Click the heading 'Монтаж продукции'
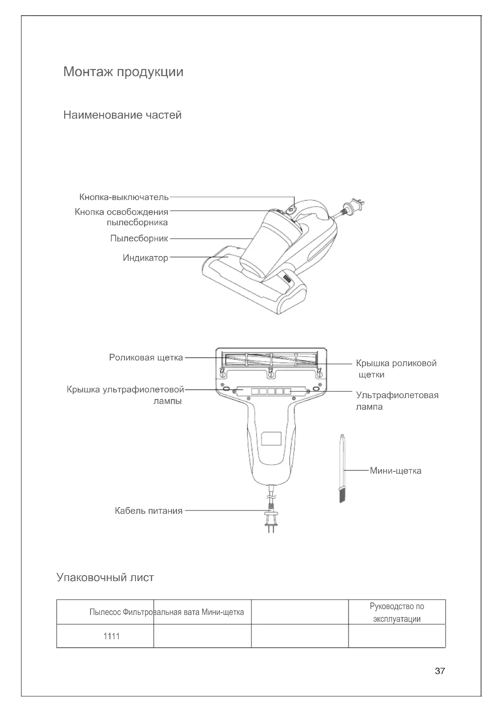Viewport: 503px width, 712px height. (x=123, y=72)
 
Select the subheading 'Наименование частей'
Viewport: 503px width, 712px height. (x=122, y=115)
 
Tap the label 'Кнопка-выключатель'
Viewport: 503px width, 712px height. (x=124, y=197)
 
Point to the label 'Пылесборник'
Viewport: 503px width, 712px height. (x=139, y=238)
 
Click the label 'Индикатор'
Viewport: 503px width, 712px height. (x=145, y=258)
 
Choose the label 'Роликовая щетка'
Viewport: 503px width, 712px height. (x=146, y=358)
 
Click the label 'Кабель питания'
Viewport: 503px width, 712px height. (x=149, y=511)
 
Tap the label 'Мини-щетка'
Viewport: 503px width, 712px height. (x=396, y=471)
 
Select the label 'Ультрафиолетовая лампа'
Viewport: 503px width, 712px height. (x=397, y=401)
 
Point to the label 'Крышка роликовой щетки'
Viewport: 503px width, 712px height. (x=396, y=369)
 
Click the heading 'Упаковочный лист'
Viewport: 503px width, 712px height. (x=105, y=577)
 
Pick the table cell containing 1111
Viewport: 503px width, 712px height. (x=112, y=636)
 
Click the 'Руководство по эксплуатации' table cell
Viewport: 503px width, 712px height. (x=397, y=612)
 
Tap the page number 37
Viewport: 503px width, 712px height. (x=440, y=671)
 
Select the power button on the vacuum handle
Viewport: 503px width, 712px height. (x=290, y=210)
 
